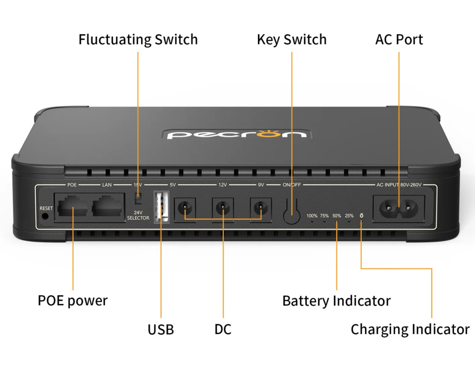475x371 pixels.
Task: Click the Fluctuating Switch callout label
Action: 138,39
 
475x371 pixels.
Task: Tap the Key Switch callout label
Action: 291,39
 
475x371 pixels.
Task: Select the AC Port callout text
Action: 399,39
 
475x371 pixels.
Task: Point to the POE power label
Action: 72,301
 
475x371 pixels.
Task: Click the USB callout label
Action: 160,330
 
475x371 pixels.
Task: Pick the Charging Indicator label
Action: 410,329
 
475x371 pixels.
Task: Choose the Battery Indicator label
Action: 336,301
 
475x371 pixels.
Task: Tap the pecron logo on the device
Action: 237,134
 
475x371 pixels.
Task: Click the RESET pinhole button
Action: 45,216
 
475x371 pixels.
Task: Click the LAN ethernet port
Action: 108,207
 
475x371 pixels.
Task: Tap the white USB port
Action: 160,206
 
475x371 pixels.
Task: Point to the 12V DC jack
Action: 223,206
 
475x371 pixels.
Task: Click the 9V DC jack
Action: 261,206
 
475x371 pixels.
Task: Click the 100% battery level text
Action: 312,216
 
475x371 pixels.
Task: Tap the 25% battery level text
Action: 349,216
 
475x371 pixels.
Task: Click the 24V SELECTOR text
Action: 138,215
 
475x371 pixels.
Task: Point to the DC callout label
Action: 223,330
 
